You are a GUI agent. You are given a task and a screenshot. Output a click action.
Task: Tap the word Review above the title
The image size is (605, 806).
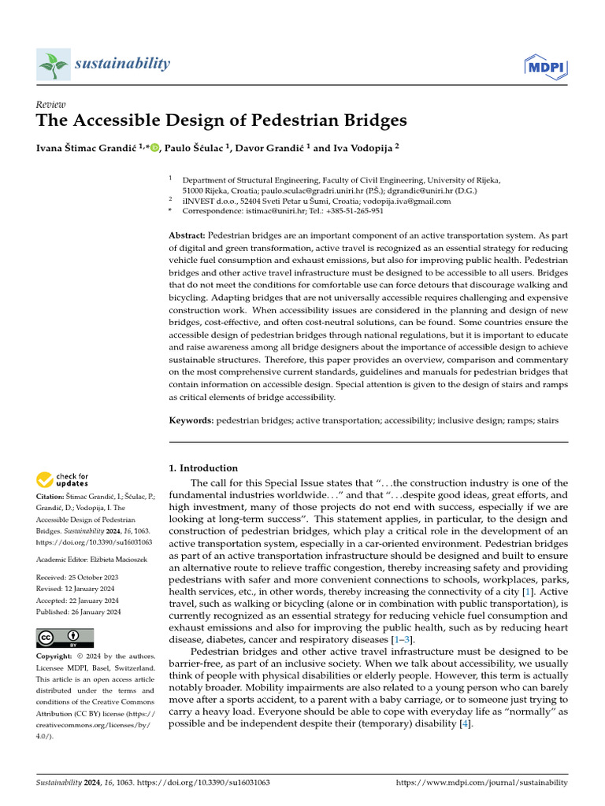(x=51, y=105)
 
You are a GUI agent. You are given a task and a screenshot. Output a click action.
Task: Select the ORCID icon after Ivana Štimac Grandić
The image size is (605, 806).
(x=154, y=147)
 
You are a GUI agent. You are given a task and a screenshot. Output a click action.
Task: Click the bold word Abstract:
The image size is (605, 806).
(x=187, y=237)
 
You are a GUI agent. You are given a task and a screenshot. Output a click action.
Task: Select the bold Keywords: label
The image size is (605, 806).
(x=191, y=421)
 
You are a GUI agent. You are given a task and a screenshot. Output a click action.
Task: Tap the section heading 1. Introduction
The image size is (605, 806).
(x=203, y=468)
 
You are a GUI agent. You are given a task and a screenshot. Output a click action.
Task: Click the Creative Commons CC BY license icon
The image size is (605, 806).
(x=65, y=638)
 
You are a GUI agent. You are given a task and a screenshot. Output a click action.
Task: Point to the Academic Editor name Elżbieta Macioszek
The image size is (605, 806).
(x=116, y=559)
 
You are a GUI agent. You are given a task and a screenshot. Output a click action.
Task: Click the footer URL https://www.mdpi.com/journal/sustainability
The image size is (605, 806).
(x=481, y=783)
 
